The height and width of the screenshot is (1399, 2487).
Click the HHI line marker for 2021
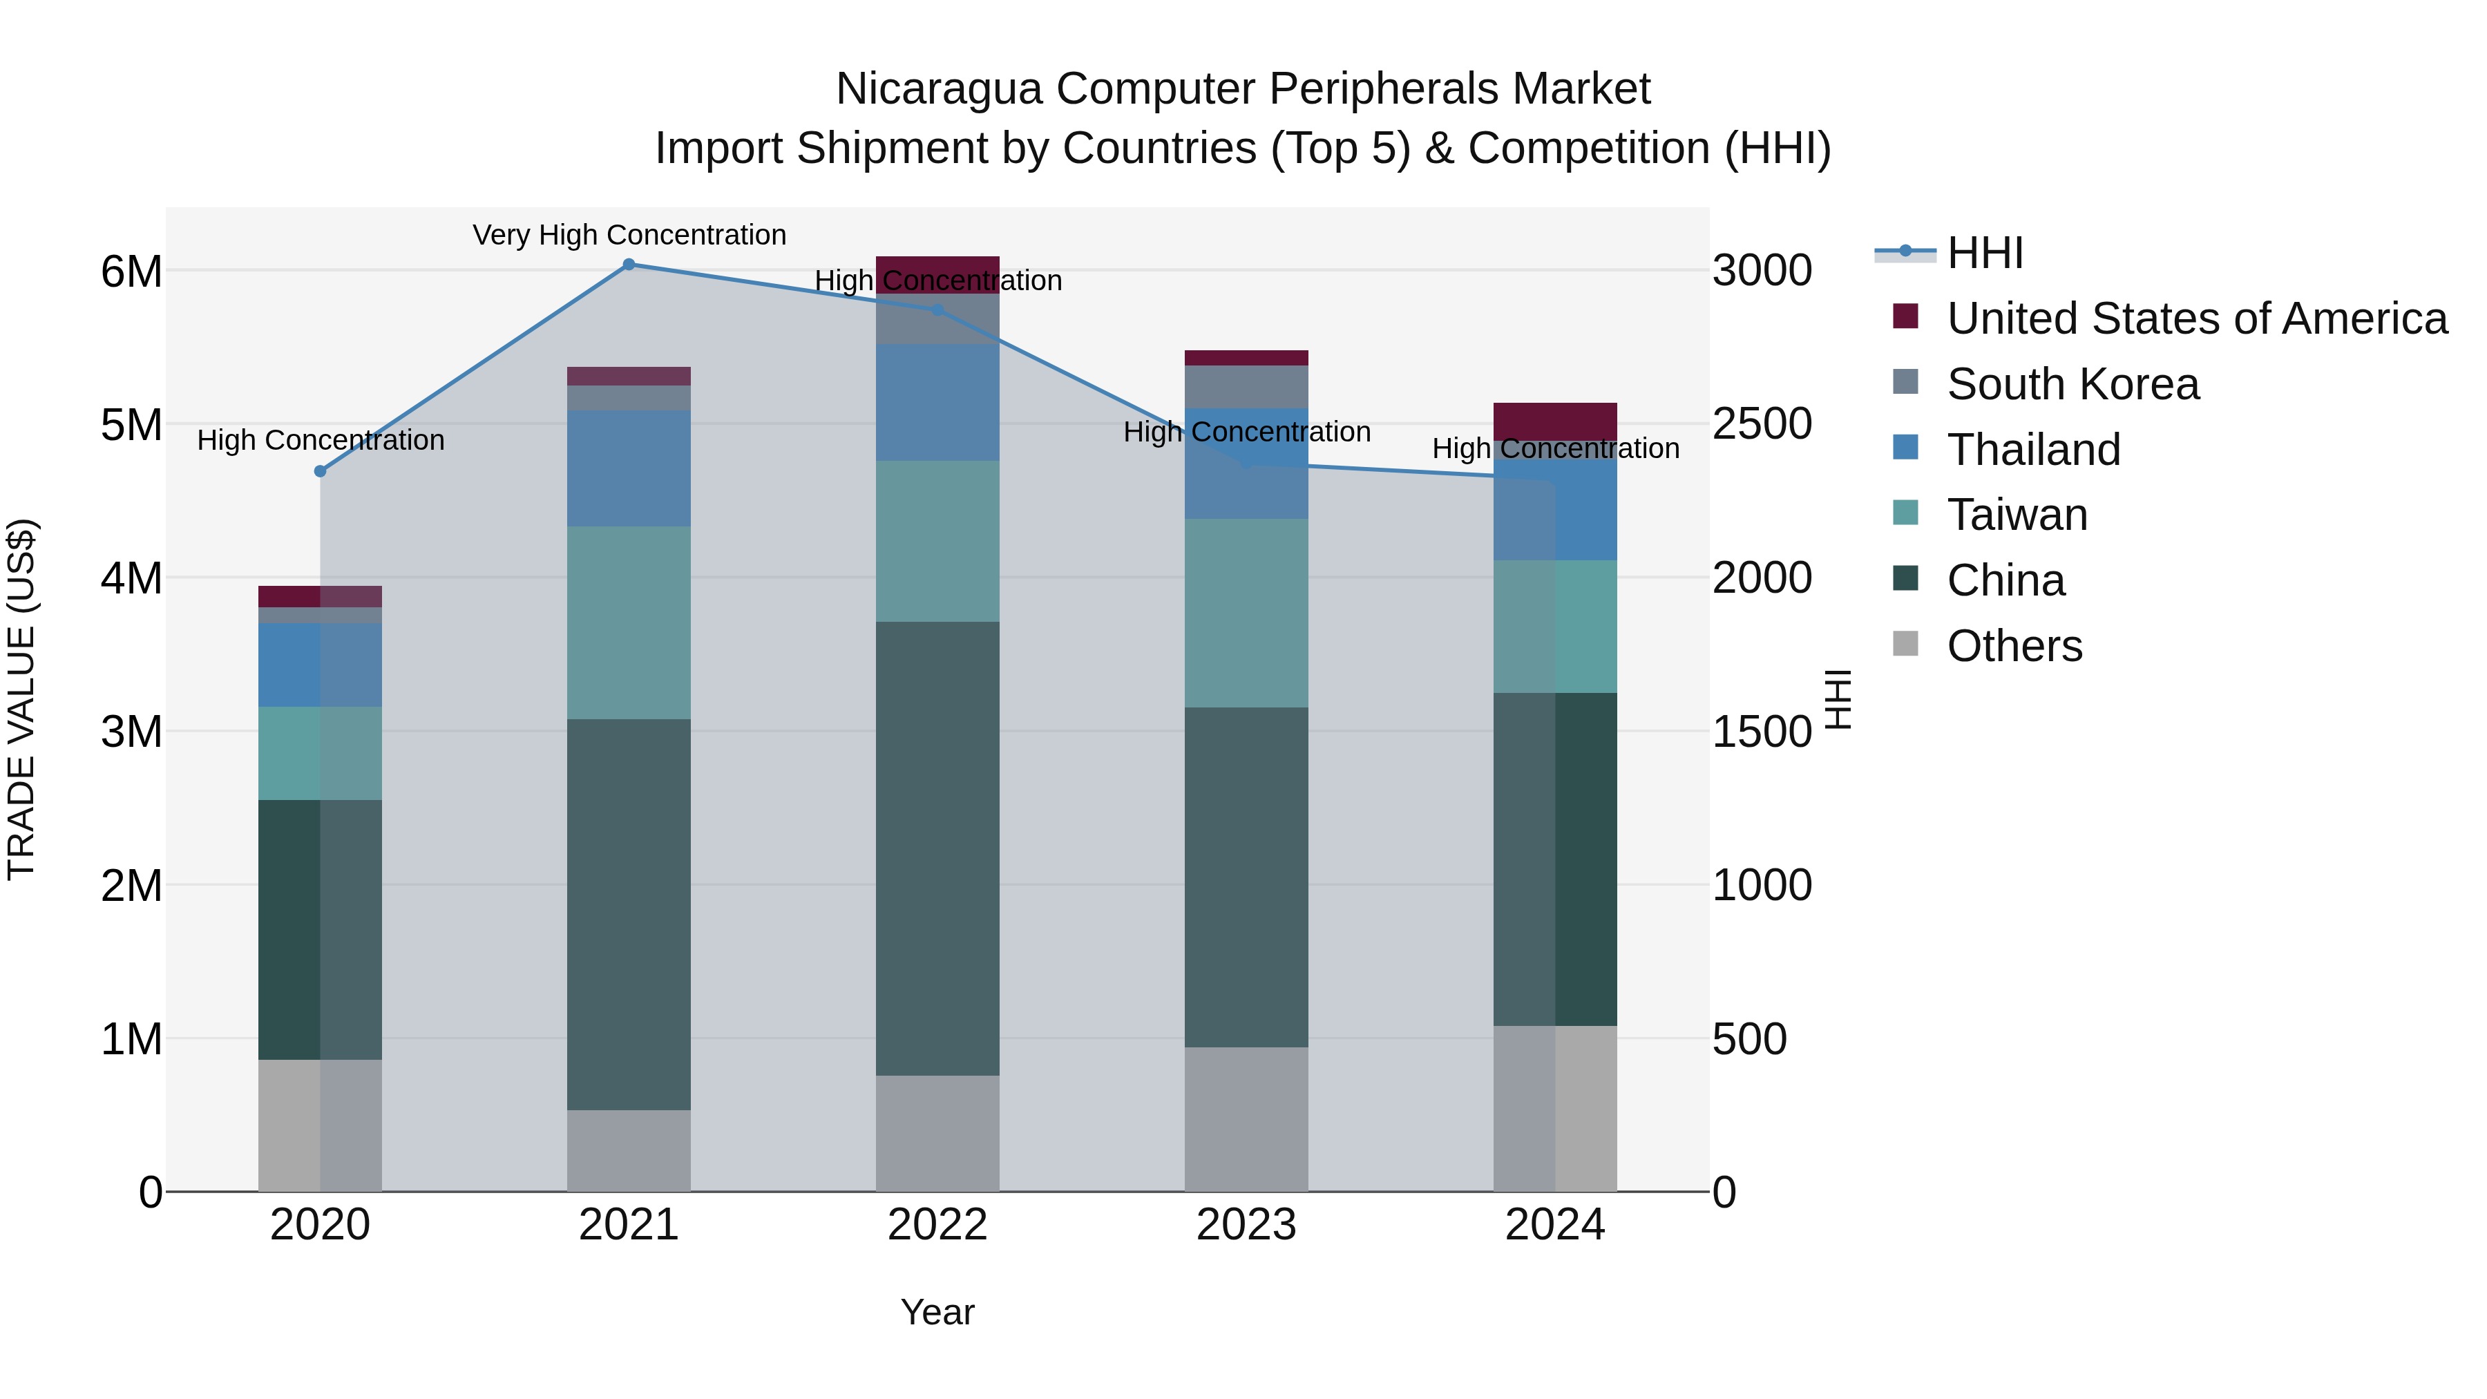point(629,265)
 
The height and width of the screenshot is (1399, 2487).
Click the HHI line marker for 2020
point(321,471)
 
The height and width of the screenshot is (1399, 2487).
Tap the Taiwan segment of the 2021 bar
point(629,622)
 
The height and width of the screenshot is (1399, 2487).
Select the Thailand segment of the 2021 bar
point(629,468)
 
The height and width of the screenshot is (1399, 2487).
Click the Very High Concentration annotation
point(629,235)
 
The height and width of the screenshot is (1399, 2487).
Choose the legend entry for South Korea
point(2072,384)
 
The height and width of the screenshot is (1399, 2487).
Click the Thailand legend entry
point(2032,450)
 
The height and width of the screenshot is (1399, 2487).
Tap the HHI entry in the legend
point(1984,253)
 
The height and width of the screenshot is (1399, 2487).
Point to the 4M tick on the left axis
point(131,578)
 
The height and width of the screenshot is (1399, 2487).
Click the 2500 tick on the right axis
point(1762,424)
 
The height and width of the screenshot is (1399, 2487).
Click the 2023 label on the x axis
point(1246,1225)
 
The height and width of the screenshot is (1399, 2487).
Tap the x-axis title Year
point(937,1312)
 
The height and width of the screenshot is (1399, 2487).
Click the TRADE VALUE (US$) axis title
point(21,699)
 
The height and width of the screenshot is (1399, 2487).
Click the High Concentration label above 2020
point(321,440)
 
